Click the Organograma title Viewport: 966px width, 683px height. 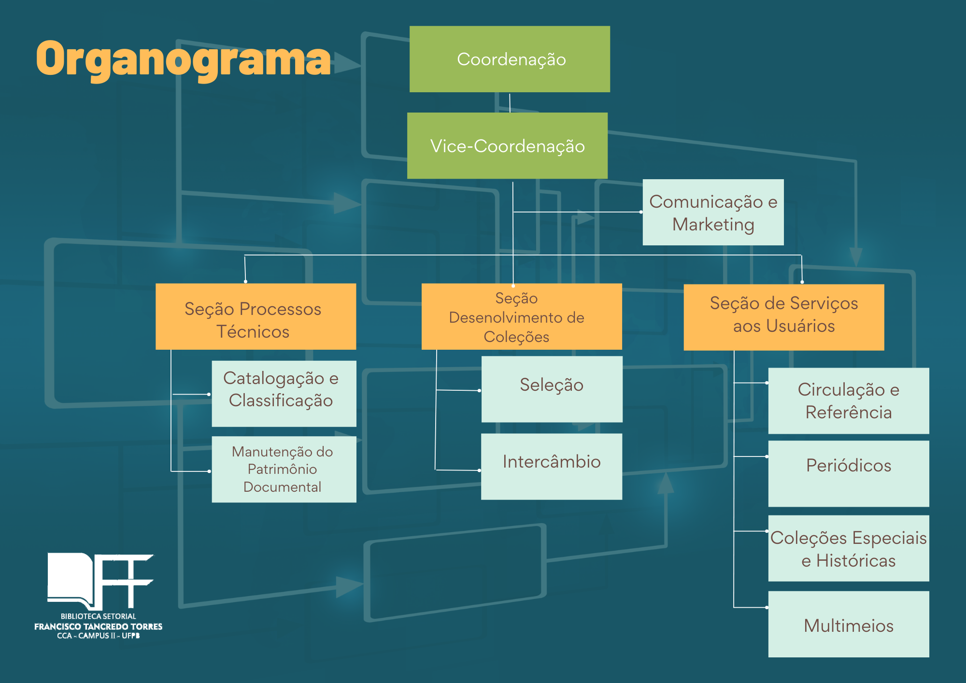click(x=184, y=59)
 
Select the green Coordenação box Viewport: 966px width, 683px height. click(x=510, y=59)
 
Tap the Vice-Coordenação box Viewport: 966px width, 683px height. click(x=507, y=145)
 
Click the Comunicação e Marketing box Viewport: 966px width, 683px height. click(x=713, y=212)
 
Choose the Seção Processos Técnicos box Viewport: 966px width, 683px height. click(x=256, y=316)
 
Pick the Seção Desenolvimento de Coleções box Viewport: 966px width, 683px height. click(x=522, y=316)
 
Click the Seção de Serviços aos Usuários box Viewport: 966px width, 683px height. click(x=783, y=317)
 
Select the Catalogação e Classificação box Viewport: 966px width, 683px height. click(x=284, y=393)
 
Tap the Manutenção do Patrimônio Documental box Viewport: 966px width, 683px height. click(x=284, y=469)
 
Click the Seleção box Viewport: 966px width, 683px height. click(x=552, y=389)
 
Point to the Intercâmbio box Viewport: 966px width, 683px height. click(x=552, y=466)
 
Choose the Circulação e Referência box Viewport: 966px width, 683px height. click(x=848, y=400)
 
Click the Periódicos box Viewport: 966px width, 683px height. click(x=848, y=473)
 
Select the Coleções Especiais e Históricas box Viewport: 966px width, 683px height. click(x=848, y=548)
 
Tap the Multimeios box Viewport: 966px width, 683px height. click(x=848, y=624)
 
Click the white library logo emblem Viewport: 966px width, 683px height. click(x=99, y=581)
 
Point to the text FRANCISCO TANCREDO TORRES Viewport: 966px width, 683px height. click(x=98, y=626)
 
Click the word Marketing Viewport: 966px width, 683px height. click(x=713, y=225)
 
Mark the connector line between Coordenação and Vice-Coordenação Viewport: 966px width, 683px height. click(x=510, y=102)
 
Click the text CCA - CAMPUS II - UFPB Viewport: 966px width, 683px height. click(x=98, y=636)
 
